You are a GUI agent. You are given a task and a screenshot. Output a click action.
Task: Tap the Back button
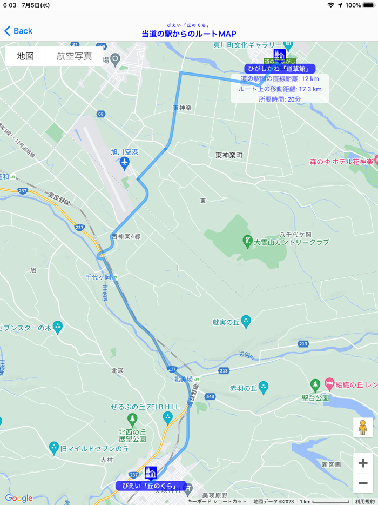(x=18, y=31)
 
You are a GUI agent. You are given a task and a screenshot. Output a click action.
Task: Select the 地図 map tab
(x=25, y=56)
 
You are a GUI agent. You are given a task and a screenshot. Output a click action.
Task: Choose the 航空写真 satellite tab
(x=74, y=56)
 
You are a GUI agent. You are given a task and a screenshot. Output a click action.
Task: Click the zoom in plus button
(x=363, y=463)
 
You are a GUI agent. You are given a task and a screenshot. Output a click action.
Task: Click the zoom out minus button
(x=363, y=483)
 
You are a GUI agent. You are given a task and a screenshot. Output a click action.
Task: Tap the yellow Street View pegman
(x=363, y=427)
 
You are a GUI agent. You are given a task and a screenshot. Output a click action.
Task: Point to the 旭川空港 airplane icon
(x=125, y=162)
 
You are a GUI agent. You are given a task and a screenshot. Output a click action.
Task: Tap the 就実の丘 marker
(x=246, y=322)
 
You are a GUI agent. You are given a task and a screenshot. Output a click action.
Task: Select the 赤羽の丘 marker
(x=263, y=387)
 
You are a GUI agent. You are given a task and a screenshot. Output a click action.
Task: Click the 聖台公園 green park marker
(x=315, y=385)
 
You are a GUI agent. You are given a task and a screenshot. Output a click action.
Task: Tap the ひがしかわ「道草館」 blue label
(x=280, y=69)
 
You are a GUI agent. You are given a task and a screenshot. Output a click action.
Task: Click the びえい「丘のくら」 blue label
(x=151, y=486)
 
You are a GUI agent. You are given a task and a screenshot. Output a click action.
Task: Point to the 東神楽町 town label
(x=229, y=155)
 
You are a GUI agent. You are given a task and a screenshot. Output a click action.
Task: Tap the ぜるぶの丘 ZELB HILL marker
(x=167, y=417)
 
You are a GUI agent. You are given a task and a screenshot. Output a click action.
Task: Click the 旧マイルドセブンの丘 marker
(x=53, y=447)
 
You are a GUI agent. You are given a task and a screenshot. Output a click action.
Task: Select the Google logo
(x=19, y=498)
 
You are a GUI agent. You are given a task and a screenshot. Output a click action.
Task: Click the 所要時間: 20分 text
(x=280, y=99)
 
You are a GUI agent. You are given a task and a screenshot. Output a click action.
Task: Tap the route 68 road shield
(x=101, y=114)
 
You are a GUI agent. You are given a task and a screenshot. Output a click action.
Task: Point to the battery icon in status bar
(x=369, y=5)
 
